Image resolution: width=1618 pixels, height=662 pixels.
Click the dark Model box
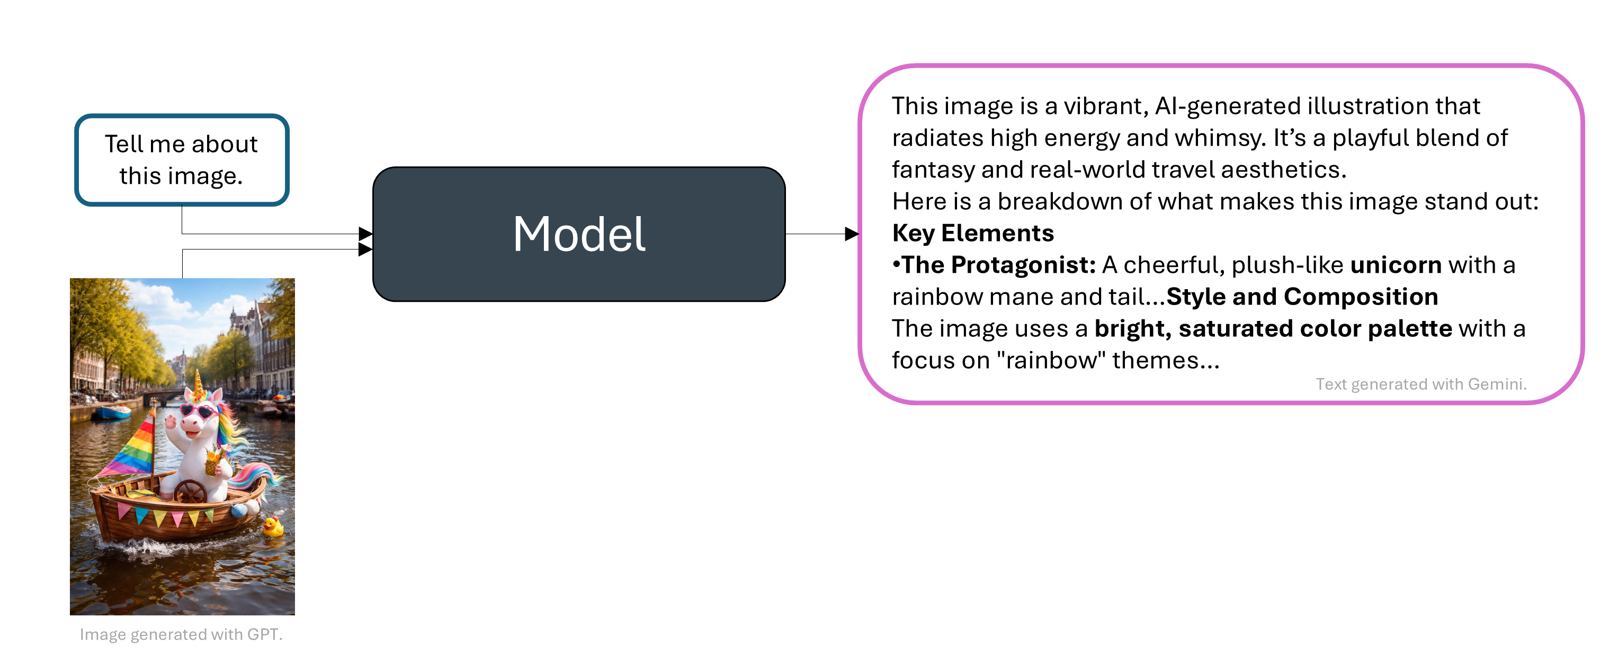[x=578, y=234]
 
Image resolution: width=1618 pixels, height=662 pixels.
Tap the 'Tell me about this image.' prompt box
[x=182, y=159]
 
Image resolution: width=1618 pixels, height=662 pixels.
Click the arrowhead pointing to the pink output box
[x=852, y=234]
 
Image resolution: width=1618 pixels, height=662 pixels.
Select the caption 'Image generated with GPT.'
[x=181, y=634]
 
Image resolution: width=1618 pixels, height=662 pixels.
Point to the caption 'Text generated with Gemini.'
[x=1421, y=384]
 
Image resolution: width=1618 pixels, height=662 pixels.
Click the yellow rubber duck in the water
[x=273, y=526]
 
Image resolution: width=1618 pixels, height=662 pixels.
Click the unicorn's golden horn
[x=199, y=382]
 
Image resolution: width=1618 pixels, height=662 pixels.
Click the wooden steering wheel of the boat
[x=190, y=492]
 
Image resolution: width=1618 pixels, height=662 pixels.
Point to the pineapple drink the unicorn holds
[x=213, y=461]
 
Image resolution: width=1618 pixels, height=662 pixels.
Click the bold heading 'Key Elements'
[x=973, y=233]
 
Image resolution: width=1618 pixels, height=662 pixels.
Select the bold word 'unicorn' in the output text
[x=1396, y=265]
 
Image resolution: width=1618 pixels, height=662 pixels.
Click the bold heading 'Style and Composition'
[x=1302, y=297]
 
